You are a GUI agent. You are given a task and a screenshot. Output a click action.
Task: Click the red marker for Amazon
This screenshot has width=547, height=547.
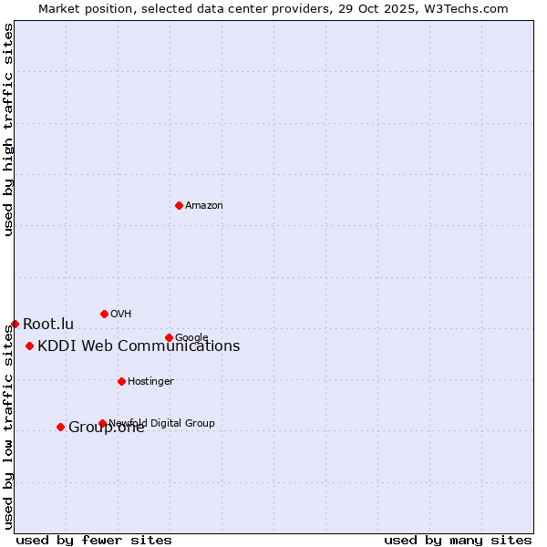[179, 205]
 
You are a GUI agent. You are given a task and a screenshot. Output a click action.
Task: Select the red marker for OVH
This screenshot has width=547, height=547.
[104, 314]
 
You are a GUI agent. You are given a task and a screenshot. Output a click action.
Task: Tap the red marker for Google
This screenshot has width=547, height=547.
[169, 337]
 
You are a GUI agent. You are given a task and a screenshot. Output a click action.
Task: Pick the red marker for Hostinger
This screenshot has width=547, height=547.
[121, 381]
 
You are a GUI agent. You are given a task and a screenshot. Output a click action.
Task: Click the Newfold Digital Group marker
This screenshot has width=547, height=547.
[102, 423]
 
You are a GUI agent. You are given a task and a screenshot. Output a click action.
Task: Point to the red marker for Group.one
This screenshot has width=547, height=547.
[60, 427]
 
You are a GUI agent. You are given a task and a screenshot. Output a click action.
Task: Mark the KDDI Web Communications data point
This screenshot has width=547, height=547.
[29, 346]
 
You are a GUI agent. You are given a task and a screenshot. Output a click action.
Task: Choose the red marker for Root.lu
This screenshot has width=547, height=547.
[15, 324]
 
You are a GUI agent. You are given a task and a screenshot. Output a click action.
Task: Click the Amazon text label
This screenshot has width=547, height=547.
[204, 206]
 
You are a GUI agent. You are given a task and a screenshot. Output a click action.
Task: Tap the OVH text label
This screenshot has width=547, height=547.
[121, 315]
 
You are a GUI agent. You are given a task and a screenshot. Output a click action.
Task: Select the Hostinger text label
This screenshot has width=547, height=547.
[150, 382]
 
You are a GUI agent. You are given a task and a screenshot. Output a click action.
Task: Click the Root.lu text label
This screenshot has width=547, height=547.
[48, 325]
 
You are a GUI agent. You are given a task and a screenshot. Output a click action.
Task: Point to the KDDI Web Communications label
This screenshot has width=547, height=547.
[139, 346]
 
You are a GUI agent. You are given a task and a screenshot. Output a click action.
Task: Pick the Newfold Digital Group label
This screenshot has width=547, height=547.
[162, 423]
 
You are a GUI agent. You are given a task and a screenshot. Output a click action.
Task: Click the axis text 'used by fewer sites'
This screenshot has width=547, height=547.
[94, 541]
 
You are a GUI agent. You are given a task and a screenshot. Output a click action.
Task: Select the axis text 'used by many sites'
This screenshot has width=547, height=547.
[458, 541]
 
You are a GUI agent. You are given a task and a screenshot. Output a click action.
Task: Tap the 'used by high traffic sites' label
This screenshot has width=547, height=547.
[9, 129]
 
